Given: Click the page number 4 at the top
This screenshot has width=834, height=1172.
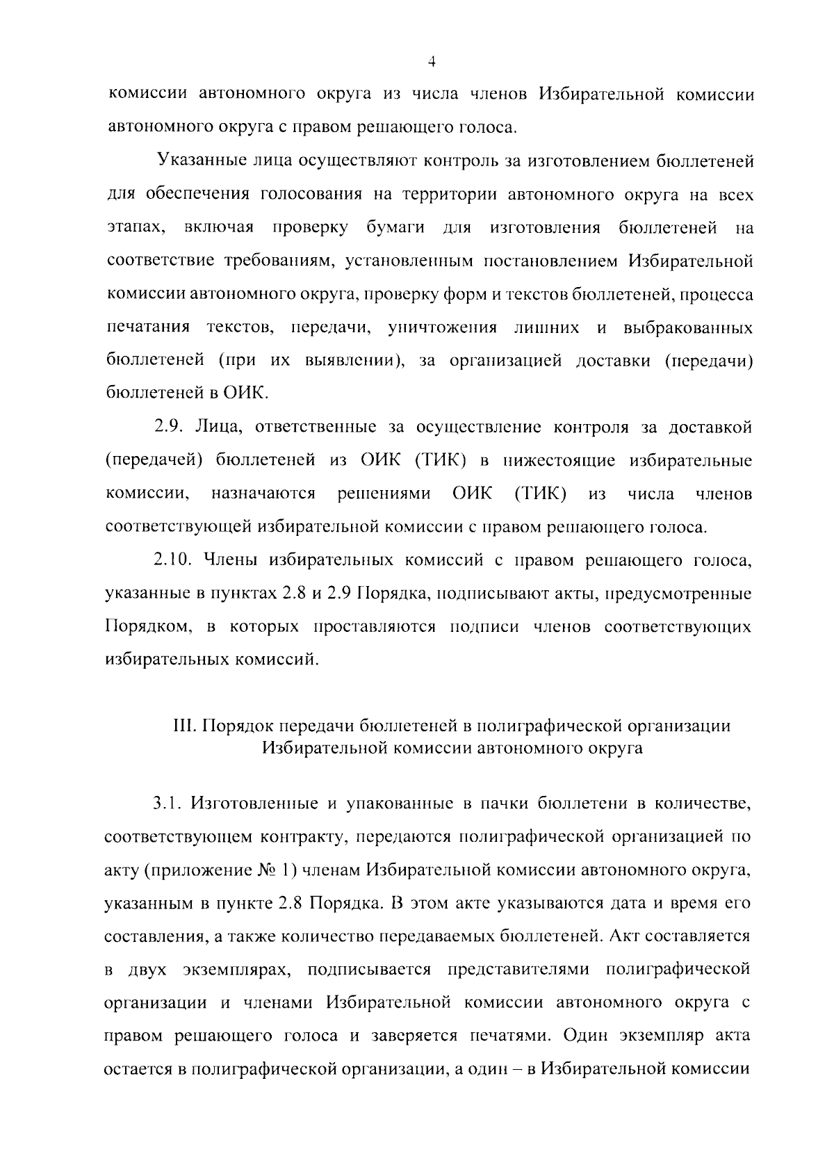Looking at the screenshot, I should pyautogui.click(x=432, y=63).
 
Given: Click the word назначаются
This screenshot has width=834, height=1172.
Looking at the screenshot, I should pyautogui.click(x=263, y=494).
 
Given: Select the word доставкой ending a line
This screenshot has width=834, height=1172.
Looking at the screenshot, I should pyautogui.click(x=710, y=426).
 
